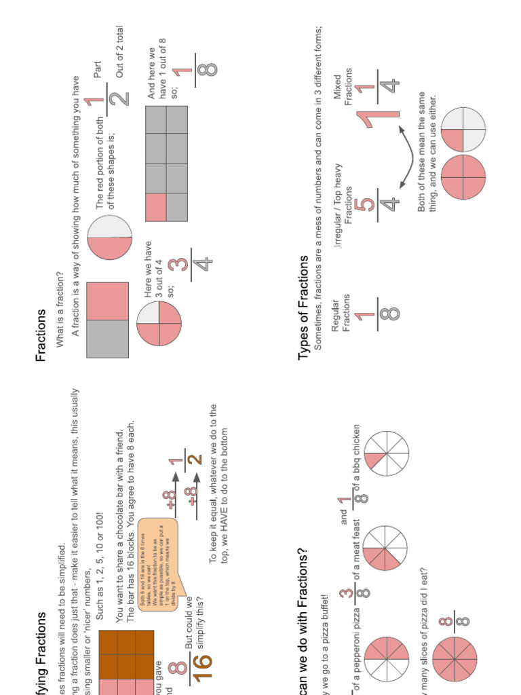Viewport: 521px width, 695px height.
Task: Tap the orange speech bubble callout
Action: [x=156, y=563]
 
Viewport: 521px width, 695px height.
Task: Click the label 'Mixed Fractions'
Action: [x=343, y=87]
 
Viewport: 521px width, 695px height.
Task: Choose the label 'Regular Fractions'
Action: [x=340, y=315]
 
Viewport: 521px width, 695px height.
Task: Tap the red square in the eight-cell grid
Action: [x=156, y=206]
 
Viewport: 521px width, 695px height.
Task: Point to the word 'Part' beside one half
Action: [x=98, y=71]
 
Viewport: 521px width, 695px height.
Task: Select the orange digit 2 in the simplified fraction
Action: [x=196, y=459]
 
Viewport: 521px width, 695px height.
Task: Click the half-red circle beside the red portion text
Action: [x=110, y=237]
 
